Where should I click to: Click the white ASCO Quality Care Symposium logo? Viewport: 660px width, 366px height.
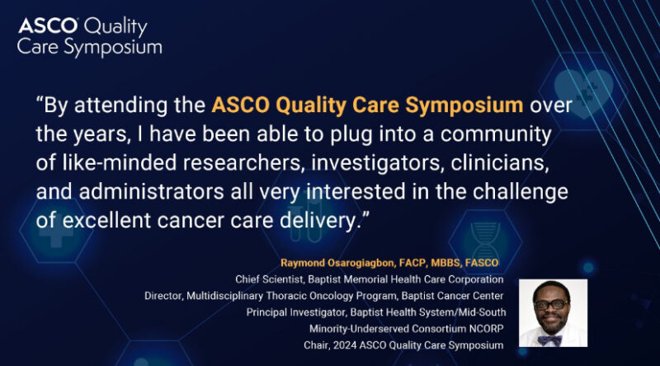pyautogui.click(x=89, y=36)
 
